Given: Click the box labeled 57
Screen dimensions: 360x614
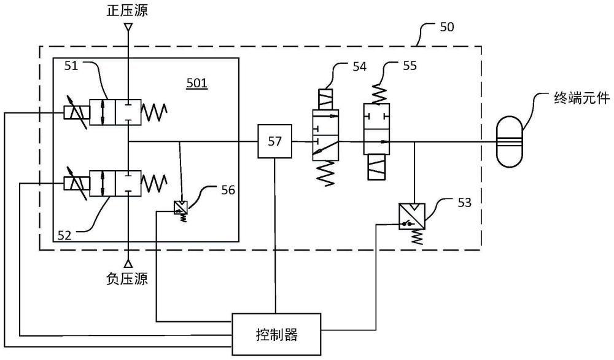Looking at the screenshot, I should tap(274, 141).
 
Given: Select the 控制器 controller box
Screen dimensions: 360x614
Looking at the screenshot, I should tap(276, 334).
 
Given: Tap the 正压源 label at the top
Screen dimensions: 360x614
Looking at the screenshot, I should tap(128, 9).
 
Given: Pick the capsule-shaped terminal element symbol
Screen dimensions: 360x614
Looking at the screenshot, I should tap(510, 141).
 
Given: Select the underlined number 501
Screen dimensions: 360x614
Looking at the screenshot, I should tap(197, 82).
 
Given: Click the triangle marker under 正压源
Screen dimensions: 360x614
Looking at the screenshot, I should tap(128, 27).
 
